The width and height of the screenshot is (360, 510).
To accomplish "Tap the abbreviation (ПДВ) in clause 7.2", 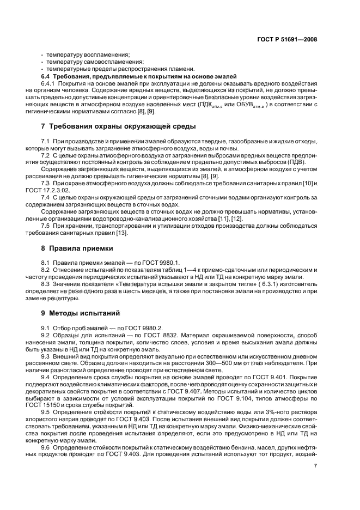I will pyautogui.click(x=294, y=162).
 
